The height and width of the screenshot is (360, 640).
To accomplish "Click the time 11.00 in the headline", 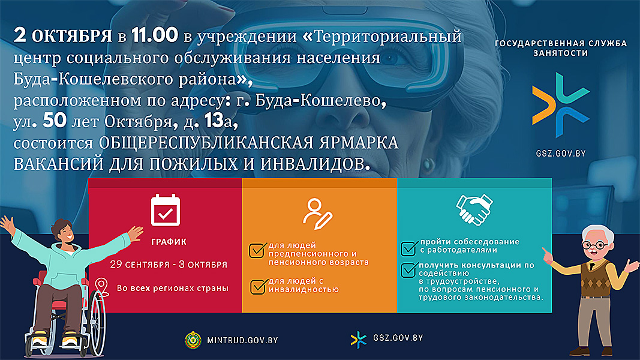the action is (x=155, y=35).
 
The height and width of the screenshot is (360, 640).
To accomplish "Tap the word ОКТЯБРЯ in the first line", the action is (x=72, y=37).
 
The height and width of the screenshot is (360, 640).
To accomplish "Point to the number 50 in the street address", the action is (x=55, y=121).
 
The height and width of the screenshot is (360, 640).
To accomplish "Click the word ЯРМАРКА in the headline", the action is (x=359, y=143).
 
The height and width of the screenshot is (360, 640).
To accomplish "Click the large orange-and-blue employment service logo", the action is (x=561, y=105).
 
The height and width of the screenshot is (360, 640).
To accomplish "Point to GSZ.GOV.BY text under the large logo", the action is (x=561, y=154).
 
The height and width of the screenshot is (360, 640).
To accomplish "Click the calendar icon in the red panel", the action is (x=166, y=210).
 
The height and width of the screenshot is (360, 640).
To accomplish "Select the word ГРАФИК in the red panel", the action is (x=169, y=242).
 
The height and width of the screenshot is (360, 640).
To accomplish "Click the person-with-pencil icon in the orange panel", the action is (x=317, y=214).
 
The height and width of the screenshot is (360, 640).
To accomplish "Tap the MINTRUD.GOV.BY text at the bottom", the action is (x=242, y=340).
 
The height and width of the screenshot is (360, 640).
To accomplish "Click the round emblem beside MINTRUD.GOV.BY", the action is (x=193, y=340).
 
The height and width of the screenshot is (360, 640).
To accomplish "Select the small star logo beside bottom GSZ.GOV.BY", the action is (x=358, y=340).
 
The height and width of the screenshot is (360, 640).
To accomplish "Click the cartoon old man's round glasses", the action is (x=595, y=245).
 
